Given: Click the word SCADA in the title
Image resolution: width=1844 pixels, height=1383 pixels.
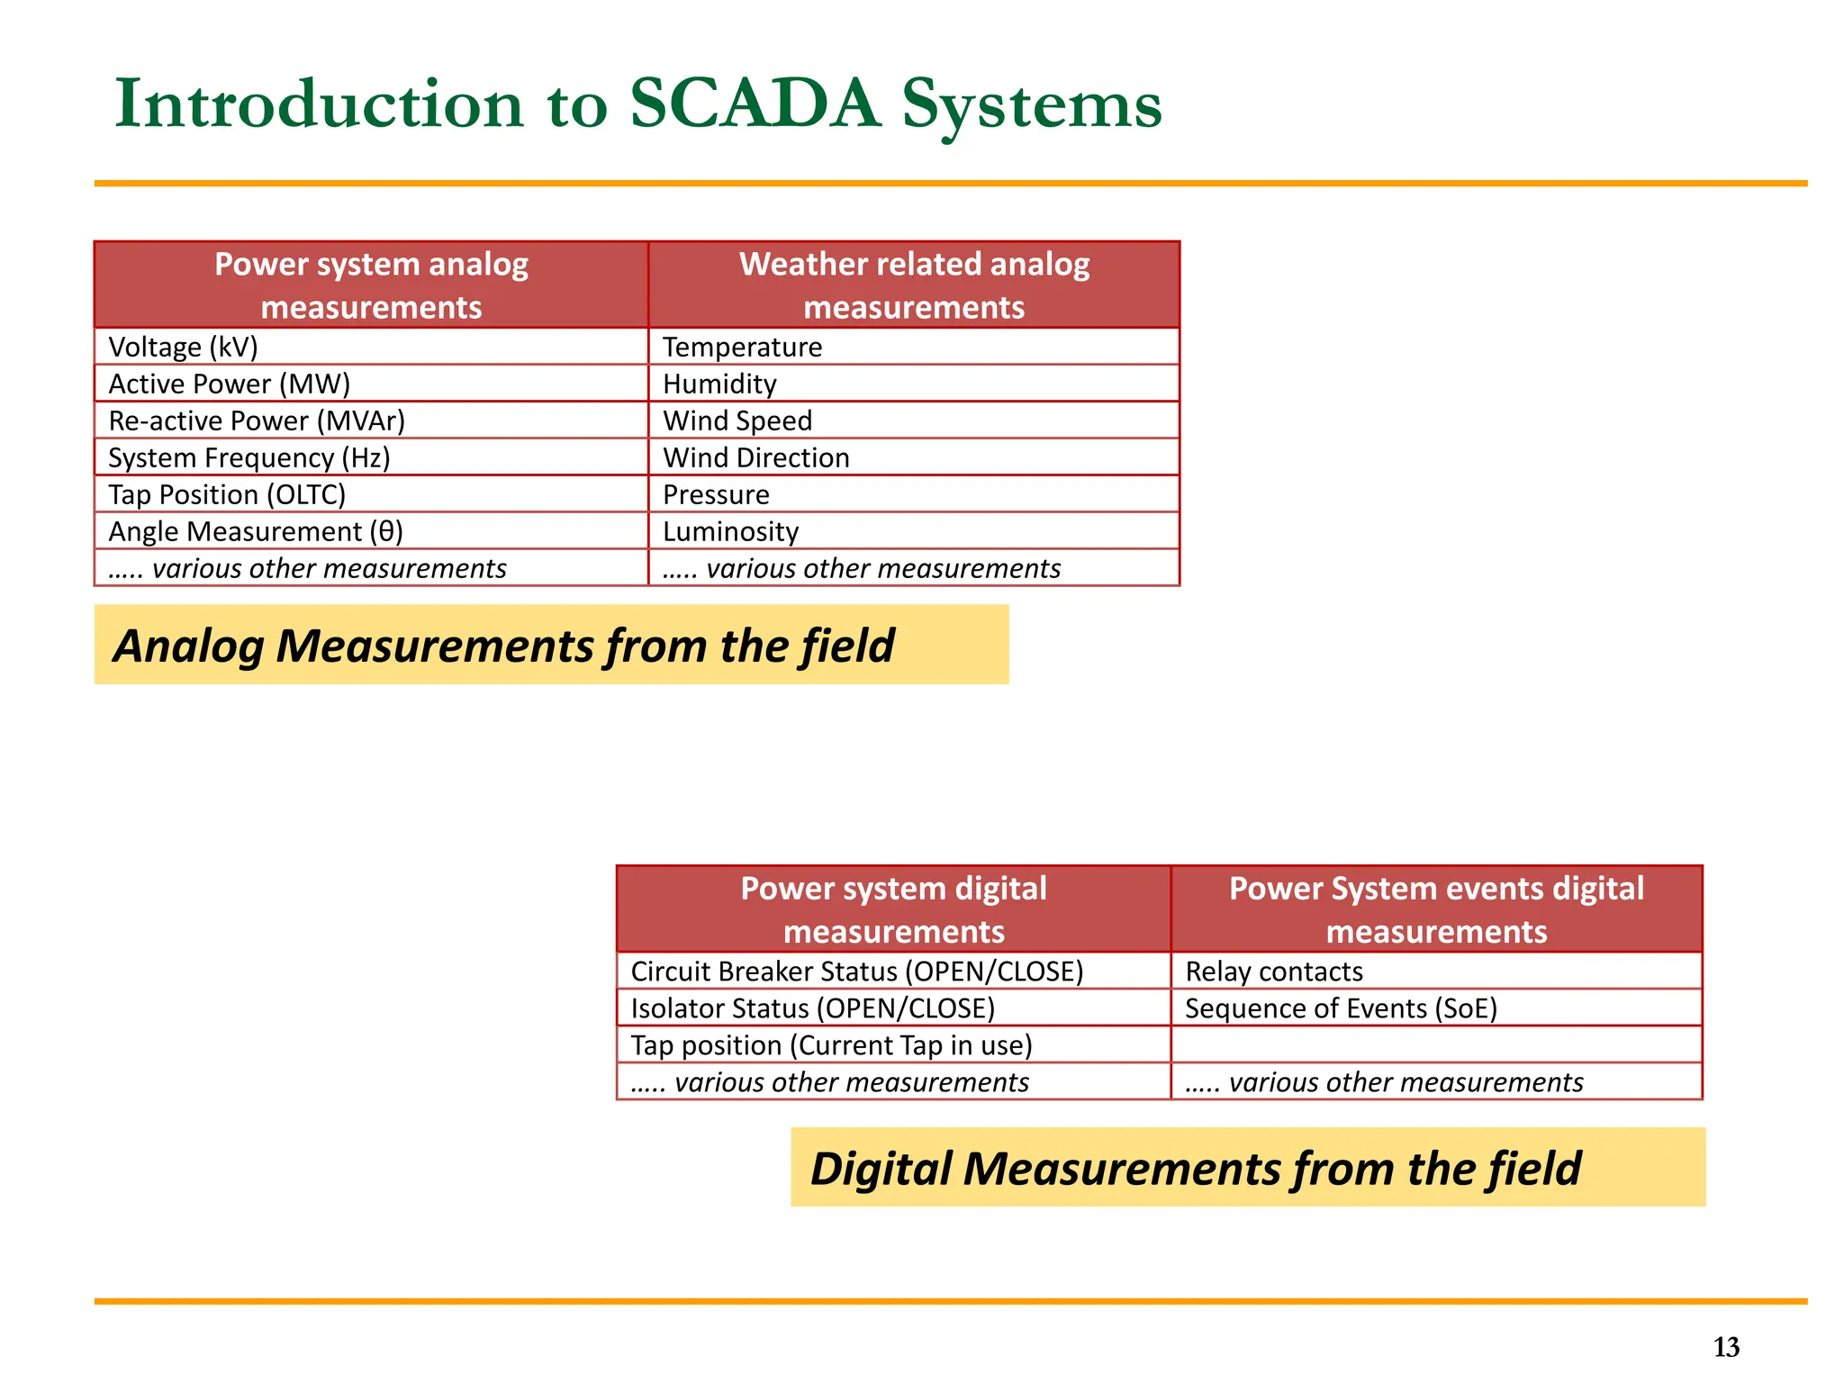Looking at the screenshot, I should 754,104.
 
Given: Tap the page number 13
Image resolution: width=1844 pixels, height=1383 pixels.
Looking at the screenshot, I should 1726,1347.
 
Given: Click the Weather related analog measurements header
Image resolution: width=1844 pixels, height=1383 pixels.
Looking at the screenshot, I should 913,285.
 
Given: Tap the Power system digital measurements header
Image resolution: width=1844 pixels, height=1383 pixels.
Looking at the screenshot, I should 893,909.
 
